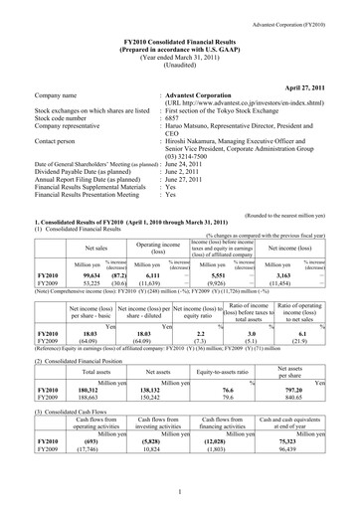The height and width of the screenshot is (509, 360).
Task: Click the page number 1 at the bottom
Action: [180, 489]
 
